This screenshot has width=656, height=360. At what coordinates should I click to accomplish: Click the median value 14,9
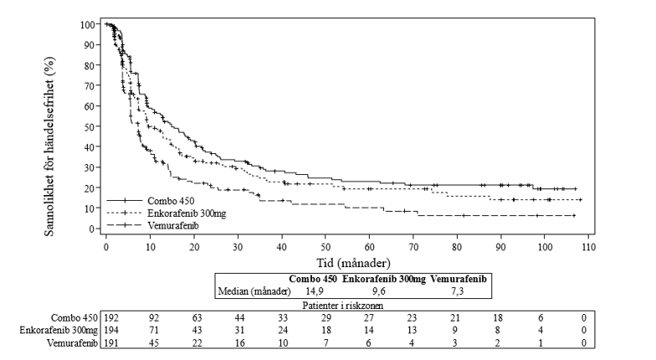[317, 291]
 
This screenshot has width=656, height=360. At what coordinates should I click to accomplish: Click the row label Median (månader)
[254, 291]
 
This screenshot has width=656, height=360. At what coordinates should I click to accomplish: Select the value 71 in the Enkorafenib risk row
[154, 332]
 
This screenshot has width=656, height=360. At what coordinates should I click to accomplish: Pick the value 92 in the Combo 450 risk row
[154, 319]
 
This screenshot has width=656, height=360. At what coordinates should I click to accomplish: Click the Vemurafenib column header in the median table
[459, 279]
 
